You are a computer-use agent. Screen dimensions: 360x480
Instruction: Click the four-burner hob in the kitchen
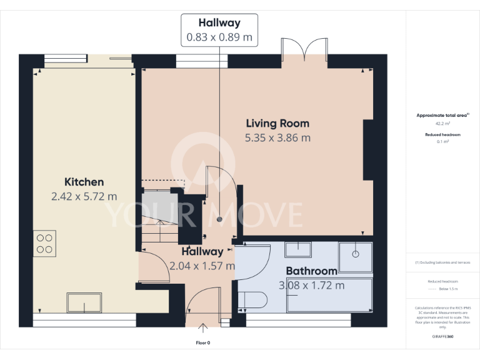44,242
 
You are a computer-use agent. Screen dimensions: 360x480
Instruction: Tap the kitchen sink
85,303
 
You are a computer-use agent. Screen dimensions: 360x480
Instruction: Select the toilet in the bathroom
252,301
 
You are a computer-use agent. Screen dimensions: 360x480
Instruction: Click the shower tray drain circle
355,254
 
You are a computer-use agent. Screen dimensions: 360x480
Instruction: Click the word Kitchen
84,182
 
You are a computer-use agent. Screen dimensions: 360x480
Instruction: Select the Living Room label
277,123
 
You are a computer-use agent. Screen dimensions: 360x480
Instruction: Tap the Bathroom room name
311,271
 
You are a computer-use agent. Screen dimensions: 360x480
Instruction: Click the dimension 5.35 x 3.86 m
277,137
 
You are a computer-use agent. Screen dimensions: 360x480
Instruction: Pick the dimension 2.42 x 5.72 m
84,196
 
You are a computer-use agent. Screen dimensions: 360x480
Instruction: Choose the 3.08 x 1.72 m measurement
311,286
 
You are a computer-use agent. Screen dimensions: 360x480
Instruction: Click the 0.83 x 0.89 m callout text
219,37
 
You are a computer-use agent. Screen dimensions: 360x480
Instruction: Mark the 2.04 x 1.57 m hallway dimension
202,266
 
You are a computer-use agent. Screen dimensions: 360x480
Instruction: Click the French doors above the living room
304,50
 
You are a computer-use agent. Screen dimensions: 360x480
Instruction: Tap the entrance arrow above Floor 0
204,327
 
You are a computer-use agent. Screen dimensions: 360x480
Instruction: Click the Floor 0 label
204,342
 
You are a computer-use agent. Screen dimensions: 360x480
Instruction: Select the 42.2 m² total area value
442,124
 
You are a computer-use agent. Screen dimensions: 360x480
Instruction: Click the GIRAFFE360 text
442,336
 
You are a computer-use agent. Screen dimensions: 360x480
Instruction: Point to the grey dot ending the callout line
219,219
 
